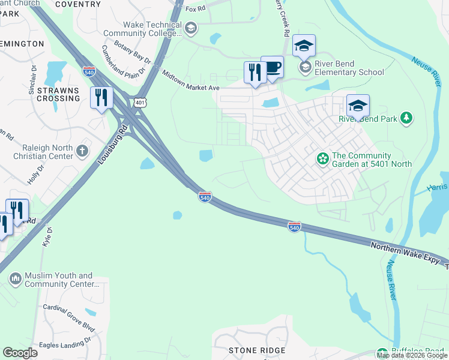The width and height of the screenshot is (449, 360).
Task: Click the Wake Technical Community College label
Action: point(152,29)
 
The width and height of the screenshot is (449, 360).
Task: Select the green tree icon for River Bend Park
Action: point(407,118)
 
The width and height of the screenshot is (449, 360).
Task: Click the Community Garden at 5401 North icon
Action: point(323,159)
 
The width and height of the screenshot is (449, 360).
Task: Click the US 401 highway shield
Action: point(139,103)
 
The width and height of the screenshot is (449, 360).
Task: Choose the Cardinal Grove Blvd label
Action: point(68,317)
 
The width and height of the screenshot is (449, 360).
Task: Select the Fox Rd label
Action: point(195,9)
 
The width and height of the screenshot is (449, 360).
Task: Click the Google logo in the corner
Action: point(20,353)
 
